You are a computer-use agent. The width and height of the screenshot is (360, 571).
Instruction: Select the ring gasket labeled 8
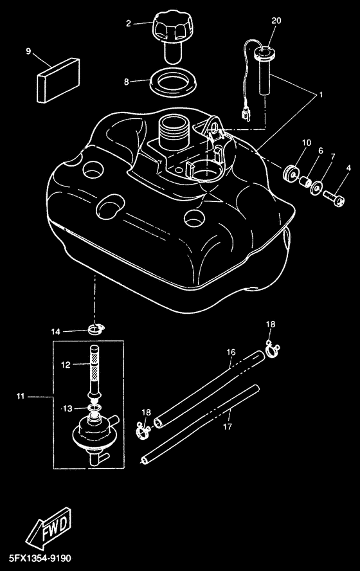point(174,84)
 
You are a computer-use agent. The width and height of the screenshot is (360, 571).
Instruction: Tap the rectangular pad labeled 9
point(59,80)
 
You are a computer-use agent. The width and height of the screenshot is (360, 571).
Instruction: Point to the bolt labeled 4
point(334,199)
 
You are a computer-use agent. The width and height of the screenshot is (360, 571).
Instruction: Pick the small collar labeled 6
point(304,181)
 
